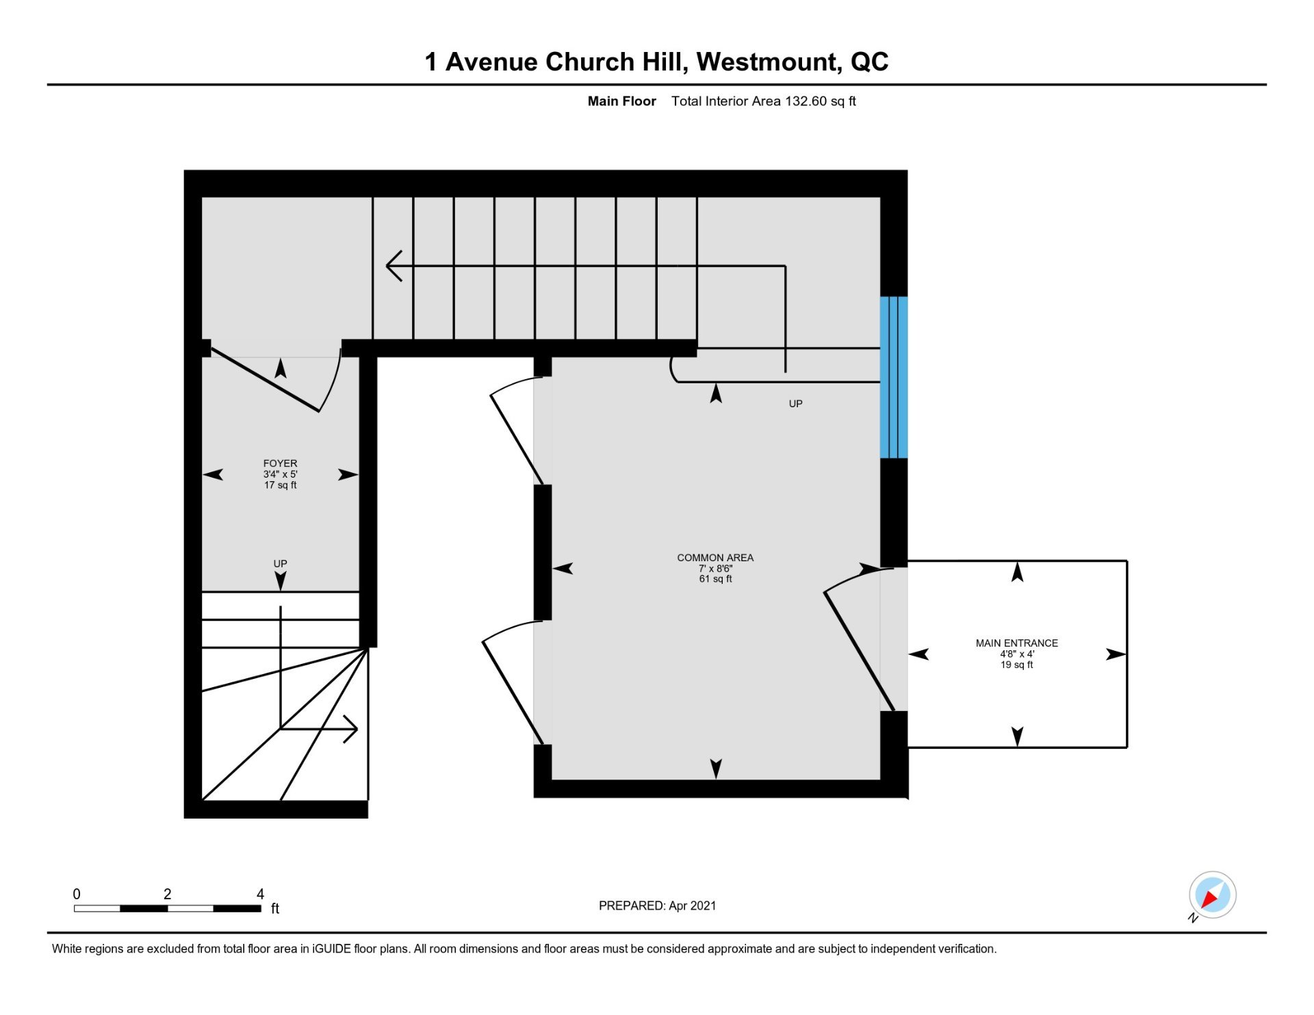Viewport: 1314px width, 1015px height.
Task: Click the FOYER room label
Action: [280, 463]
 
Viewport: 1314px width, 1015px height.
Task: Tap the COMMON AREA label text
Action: [715, 558]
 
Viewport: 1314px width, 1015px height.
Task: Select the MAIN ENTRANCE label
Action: [1016, 643]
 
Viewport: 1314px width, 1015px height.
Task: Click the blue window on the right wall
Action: [894, 377]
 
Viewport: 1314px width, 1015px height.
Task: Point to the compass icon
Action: [1212, 895]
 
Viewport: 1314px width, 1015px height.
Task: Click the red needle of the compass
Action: [1209, 899]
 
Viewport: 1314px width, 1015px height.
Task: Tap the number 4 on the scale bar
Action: [260, 894]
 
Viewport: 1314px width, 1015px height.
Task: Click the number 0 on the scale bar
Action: [77, 894]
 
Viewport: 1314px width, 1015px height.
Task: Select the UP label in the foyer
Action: [280, 564]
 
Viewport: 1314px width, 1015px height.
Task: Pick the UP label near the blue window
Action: [795, 404]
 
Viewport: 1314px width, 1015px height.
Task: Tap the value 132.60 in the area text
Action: [806, 101]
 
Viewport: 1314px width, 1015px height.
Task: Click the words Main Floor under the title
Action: [621, 101]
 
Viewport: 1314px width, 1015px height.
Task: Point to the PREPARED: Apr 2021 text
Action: [657, 905]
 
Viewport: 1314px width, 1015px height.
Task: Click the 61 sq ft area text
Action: [715, 579]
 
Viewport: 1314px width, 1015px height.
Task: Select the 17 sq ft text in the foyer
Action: [280, 485]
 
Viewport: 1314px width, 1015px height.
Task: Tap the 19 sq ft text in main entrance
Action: [1016, 665]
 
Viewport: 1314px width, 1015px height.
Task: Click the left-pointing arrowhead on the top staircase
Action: [394, 266]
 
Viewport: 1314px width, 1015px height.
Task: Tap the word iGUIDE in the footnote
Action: [331, 949]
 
